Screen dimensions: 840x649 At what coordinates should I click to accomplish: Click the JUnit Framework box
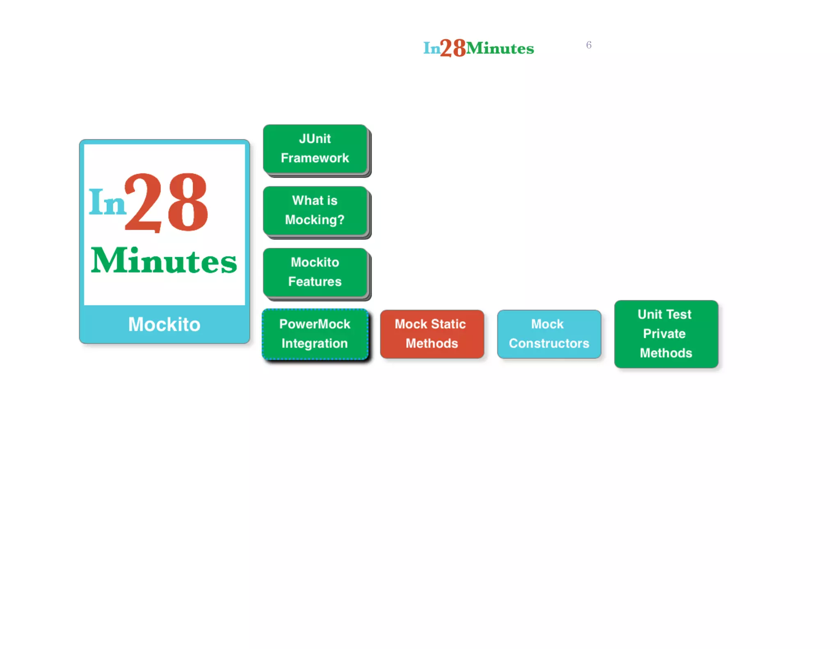pos(315,149)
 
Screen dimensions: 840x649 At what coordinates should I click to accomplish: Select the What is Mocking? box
pos(315,210)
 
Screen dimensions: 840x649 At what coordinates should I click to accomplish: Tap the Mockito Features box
pos(315,272)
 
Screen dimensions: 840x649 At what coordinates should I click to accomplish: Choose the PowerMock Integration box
pos(315,334)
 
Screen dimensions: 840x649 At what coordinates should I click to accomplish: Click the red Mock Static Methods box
pos(432,334)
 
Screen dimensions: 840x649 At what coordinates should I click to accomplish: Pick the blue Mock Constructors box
pos(549,334)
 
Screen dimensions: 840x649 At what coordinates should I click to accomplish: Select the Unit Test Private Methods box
pos(666,334)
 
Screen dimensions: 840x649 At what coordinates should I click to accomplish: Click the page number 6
pos(589,45)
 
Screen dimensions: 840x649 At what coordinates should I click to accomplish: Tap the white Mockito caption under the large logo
pos(164,324)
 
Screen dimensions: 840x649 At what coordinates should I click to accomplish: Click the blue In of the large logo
pos(107,202)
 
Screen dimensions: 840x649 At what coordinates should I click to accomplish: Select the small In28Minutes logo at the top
pos(478,48)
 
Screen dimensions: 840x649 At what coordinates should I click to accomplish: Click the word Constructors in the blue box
pos(549,343)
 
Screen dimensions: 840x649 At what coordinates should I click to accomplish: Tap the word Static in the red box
pos(449,324)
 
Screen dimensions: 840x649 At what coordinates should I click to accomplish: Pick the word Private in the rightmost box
pos(664,334)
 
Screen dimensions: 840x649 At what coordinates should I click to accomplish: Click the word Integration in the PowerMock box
pos(315,343)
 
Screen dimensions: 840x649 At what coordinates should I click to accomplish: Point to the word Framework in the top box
pos(315,158)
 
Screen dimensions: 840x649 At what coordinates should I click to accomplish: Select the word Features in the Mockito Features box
pos(315,281)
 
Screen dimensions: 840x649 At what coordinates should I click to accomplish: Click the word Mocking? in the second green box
pos(315,220)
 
